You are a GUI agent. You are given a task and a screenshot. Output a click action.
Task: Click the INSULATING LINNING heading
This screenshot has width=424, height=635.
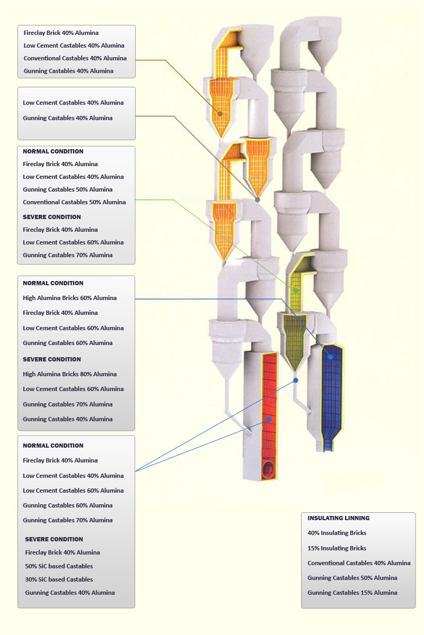(x=338, y=518)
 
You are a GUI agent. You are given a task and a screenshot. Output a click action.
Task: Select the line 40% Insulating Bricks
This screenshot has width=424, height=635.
(x=337, y=533)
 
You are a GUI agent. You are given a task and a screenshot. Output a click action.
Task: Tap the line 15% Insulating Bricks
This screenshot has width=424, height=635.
(x=337, y=548)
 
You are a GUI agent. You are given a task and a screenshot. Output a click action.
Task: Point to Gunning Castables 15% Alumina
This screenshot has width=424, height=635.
(x=352, y=593)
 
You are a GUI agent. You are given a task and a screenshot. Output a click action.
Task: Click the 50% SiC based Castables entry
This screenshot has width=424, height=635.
(x=59, y=566)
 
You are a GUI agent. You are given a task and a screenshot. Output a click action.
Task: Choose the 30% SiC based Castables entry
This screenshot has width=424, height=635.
(x=59, y=579)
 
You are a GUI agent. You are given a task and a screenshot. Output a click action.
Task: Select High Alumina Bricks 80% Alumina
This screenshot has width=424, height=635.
(x=69, y=374)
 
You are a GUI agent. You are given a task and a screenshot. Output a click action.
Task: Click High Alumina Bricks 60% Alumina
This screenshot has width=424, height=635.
(x=69, y=298)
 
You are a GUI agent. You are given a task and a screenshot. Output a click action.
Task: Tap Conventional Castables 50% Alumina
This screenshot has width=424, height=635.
(x=74, y=202)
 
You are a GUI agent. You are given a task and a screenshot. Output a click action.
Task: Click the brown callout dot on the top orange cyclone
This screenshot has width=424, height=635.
(x=220, y=113)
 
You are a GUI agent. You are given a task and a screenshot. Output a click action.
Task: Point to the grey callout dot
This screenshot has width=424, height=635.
(x=258, y=199)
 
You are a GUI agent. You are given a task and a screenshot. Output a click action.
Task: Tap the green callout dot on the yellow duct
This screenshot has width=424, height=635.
(x=296, y=291)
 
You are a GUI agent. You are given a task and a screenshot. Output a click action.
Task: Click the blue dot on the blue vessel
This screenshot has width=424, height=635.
(x=331, y=357)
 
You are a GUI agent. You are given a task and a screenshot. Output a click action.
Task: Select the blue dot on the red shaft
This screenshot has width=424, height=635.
(x=269, y=420)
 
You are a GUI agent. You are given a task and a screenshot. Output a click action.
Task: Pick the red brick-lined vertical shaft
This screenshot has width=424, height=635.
(x=269, y=392)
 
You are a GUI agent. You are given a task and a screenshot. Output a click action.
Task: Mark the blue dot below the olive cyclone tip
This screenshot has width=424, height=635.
(x=296, y=380)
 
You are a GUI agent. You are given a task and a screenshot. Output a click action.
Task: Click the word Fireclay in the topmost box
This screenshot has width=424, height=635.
(x=34, y=33)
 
